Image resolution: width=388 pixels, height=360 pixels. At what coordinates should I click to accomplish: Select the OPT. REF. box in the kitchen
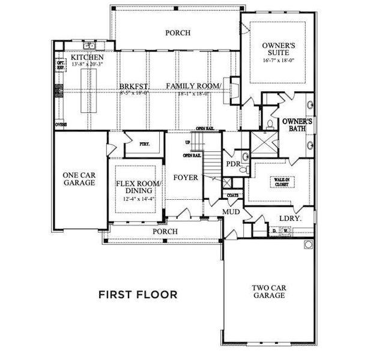coord(60,64)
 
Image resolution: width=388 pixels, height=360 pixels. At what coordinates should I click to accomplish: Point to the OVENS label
coord(60,124)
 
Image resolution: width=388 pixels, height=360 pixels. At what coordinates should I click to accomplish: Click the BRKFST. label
coord(129,86)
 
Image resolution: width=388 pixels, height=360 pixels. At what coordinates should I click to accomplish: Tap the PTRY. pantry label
coord(144,144)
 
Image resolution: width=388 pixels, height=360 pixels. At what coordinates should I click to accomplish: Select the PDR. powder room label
coord(232,164)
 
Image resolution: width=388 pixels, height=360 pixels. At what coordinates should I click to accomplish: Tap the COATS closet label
coord(232,195)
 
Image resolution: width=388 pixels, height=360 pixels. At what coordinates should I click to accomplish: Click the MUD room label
coord(232,212)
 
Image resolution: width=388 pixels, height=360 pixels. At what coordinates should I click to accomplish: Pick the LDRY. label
coord(289,218)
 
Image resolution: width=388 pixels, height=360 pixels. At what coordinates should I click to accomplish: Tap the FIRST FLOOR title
coord(138,295)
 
